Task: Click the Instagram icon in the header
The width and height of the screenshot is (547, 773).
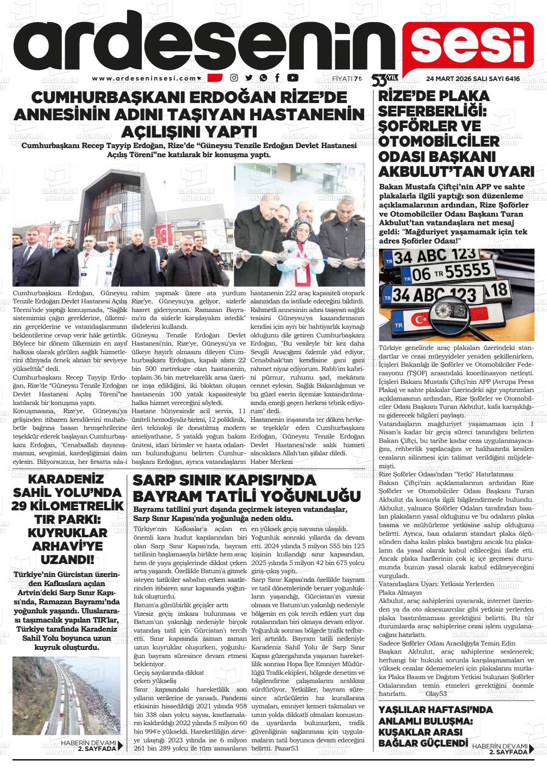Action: click(234, 78)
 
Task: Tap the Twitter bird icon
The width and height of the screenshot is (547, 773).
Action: click(249, 78)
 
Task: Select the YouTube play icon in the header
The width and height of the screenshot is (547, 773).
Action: click(293, 78)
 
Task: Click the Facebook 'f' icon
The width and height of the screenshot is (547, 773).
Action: click(277, 78)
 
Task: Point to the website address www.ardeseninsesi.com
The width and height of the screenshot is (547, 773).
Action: click(144, 79)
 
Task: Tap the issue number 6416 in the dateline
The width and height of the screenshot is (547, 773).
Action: click(510, 79)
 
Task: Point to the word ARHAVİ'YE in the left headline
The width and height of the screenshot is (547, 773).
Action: click(68, 546)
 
